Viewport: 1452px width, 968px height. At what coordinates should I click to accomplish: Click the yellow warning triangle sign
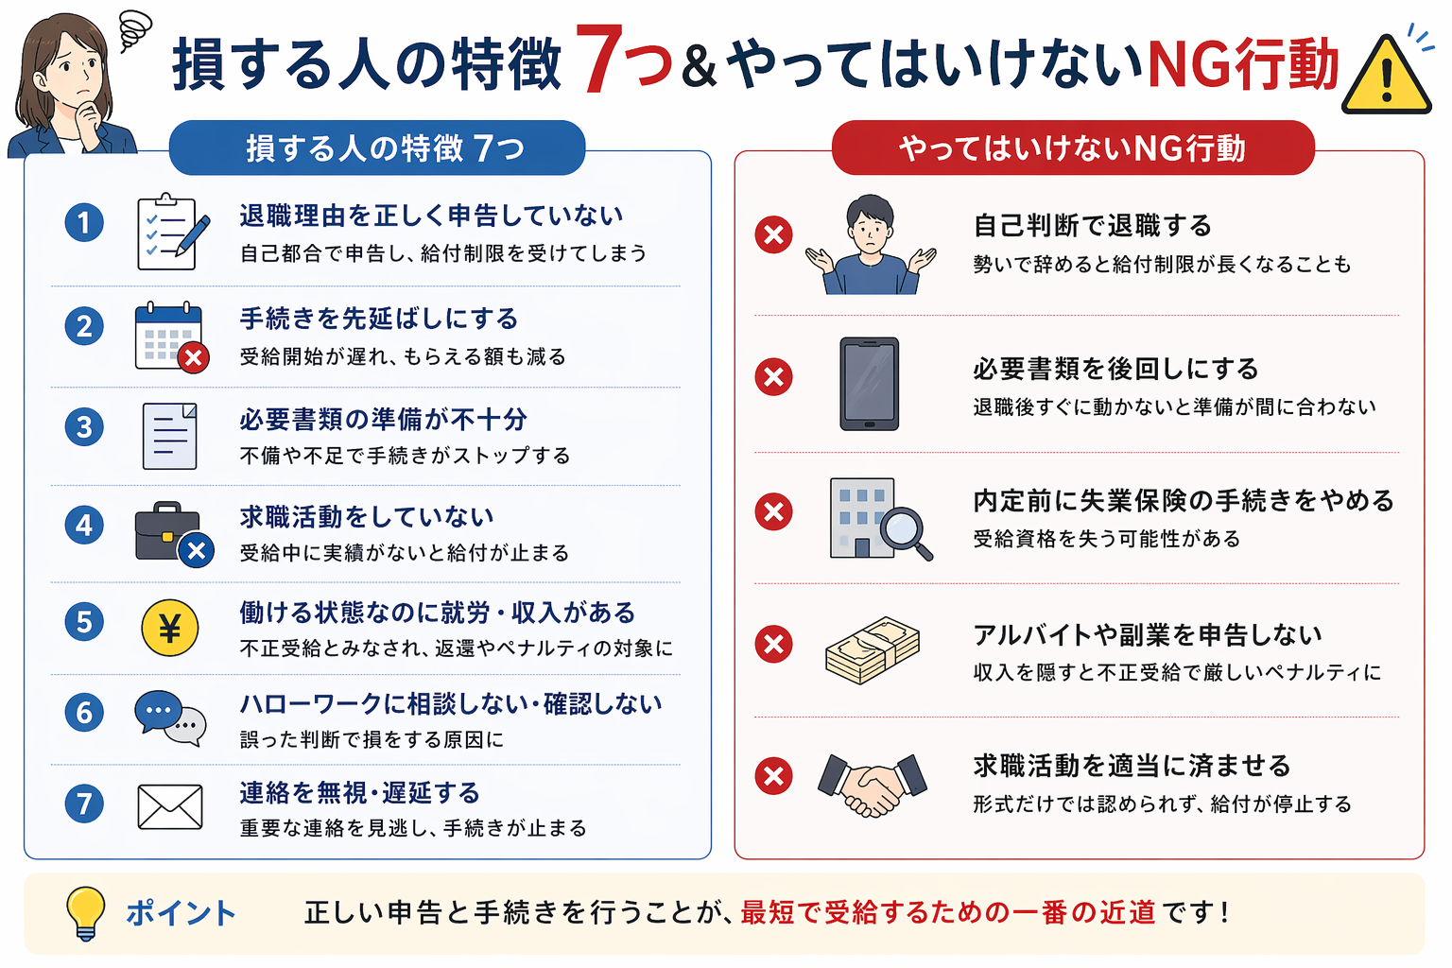pyautogui.click(x=1386, y=78)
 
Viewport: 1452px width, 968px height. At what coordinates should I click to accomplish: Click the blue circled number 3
pyautogui.click(x=84, y=426)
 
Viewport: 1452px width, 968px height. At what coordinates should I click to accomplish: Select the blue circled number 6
pyautogui.click(x=84, y=713)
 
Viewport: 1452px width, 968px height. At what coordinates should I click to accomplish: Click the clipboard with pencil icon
pyautogui.click(x=173, y=232)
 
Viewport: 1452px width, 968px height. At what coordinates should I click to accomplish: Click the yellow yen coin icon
pyautogui.click(x=170, y=628)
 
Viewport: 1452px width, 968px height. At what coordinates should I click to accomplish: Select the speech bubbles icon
pyautogui.click(x=170, y=718)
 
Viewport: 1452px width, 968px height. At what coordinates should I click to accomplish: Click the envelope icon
pyautogui.click(x=170, y=807)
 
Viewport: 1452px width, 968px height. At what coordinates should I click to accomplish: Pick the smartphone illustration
pyautogui.click(x=870, y=384)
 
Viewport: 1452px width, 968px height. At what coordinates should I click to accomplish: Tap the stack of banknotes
pyautogui.click(x=873, y=649)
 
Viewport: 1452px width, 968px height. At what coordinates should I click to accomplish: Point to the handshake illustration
pyautogui.click(x=873, y=785)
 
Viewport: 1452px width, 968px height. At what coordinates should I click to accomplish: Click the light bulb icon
pyautogui.click(x=86, y=913)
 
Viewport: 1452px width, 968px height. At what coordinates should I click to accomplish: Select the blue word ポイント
pyautogui.click(x=181, y=913)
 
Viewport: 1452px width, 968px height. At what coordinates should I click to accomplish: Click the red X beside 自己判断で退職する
pyautogui.click(x=774, y=234)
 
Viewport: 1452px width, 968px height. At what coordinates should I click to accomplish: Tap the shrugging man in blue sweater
pyautogui.click(x=872, y=245)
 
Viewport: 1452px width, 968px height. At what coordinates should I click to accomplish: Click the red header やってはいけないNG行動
pyautogui.click(x=1073, y=147)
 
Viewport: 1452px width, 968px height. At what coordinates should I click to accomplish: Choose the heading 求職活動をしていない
pyautogui.click(x=367, y=517)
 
